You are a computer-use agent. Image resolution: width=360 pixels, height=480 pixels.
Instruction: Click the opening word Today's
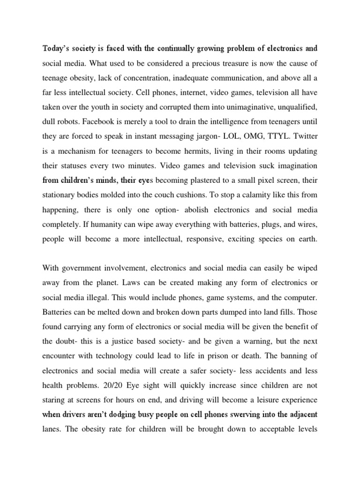click(x=55, y=48)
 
